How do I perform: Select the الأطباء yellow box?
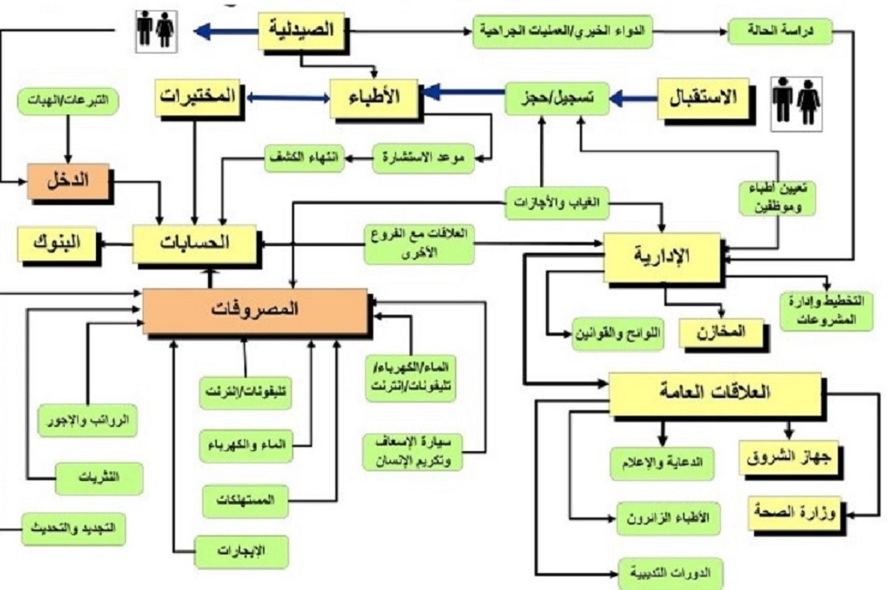(374, 98)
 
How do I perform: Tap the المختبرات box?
(198, 98)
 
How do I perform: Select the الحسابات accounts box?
(194, 243)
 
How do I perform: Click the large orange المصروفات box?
(255, 311)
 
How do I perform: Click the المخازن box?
(722, 332)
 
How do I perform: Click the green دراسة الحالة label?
(779, 31)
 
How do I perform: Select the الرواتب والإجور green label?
(87, 420)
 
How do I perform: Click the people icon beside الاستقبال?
(796, 103)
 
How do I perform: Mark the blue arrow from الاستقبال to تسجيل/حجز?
(632, 99)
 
